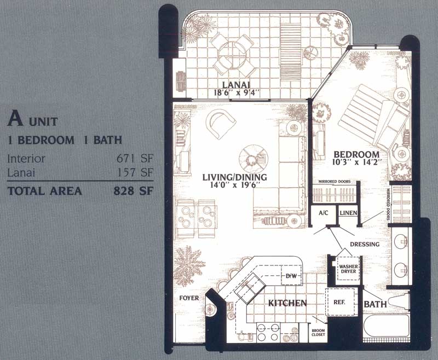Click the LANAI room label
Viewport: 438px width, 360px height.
pos(236,84)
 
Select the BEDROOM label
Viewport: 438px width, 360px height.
pos(357,154)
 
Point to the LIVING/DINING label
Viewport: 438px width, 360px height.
pos(235,177)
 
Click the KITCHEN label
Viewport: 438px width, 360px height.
pos(287,303)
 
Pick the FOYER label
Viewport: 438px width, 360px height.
pos(189,298)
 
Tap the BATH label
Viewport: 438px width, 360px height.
pos(375,304)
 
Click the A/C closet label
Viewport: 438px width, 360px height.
pos(324,213)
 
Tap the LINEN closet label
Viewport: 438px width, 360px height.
pos(348,213)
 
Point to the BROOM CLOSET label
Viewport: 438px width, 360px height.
pos(318,333)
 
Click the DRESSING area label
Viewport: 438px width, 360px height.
pos(365,245)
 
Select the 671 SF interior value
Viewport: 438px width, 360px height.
pos(135,159)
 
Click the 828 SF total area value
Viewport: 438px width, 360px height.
pos(133,191)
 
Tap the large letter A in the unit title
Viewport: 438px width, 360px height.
pos(15,118)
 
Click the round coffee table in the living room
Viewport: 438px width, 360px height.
pos(253,159)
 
